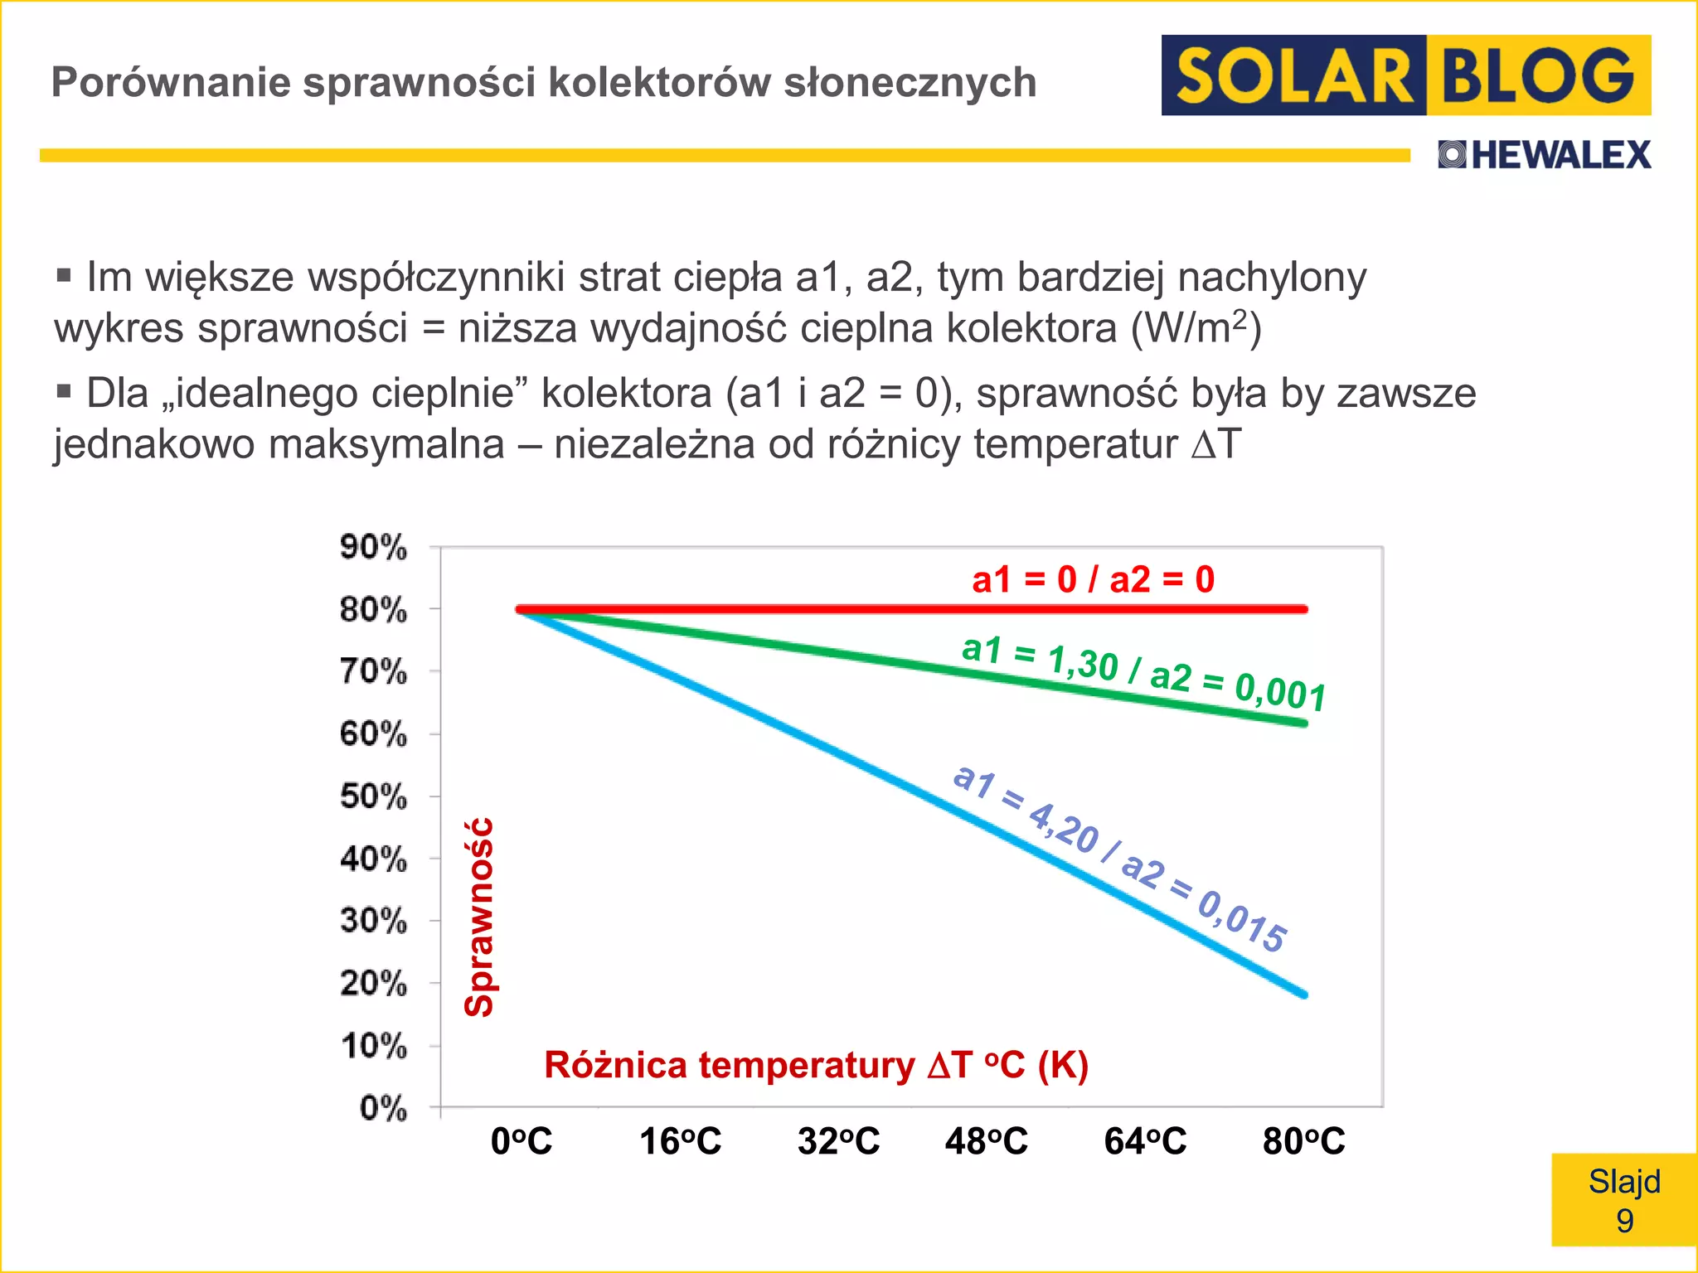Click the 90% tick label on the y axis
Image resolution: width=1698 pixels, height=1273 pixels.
pos(373,547)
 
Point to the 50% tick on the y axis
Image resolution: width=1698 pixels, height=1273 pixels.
pos(373,796)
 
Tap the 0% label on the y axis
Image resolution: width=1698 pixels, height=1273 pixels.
pos(383,1108)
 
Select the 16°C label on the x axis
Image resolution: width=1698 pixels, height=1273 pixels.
pos(680,1141)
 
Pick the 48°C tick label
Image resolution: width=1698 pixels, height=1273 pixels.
pos(986,1141)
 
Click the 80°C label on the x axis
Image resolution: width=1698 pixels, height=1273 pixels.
pos(1303,1141)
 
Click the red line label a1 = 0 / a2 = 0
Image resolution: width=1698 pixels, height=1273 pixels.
pos(1093,579)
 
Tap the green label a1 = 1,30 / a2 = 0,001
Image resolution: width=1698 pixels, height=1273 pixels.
pos(1143,673)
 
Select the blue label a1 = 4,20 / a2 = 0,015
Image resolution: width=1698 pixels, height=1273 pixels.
pos(1119,858)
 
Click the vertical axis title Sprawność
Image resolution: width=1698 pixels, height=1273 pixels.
pos(480,917)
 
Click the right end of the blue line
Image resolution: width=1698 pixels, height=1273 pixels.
pos(1304,994)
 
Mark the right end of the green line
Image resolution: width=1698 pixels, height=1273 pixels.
pos(1304,724)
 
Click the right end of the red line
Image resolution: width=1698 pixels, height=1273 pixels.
pos(1304,609)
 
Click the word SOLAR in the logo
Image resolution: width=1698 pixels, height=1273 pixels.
pos(1294,75)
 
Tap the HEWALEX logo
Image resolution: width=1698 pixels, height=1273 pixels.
pos(1545,155)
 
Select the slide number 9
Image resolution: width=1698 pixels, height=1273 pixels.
pos(1624,1221)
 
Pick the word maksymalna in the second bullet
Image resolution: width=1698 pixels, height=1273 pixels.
pos(386,444)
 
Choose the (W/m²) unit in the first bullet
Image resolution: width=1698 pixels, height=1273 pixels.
pos(1196,328)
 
